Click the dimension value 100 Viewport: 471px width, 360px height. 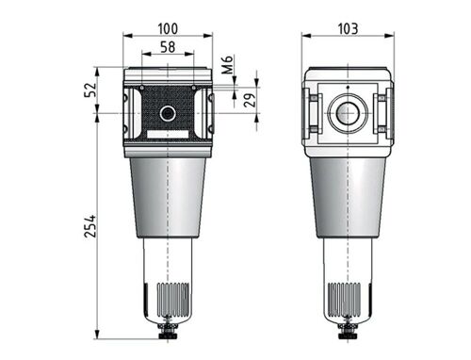167,29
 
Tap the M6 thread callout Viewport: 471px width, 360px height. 227,67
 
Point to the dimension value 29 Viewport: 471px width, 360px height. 251,99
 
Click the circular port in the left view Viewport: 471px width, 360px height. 168,114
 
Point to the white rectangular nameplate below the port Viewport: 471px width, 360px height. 168,135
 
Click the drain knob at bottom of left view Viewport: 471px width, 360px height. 168,331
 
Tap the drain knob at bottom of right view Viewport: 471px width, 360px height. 347,331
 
